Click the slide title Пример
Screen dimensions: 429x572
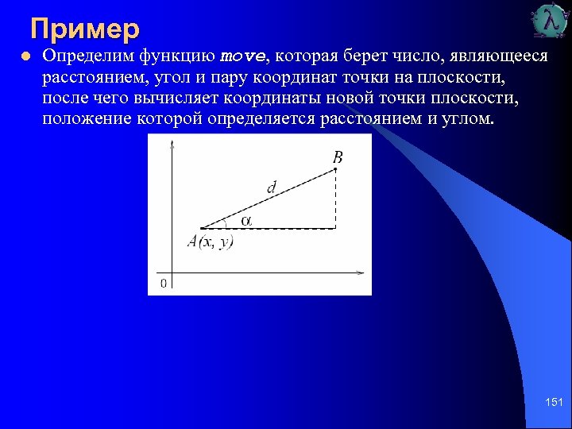tap(85, 29)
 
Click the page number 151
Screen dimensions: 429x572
tap(554, 404)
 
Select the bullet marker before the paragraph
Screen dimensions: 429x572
tap(26, 57)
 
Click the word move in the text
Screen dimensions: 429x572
tap(242, 58)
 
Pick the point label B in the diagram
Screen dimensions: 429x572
tap(338, 157)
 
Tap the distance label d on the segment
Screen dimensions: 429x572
tap(272, 187)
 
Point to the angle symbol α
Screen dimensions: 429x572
tap(246, 221)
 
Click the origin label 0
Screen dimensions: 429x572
tap(164, 283)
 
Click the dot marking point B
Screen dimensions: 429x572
tap(336, 169)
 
